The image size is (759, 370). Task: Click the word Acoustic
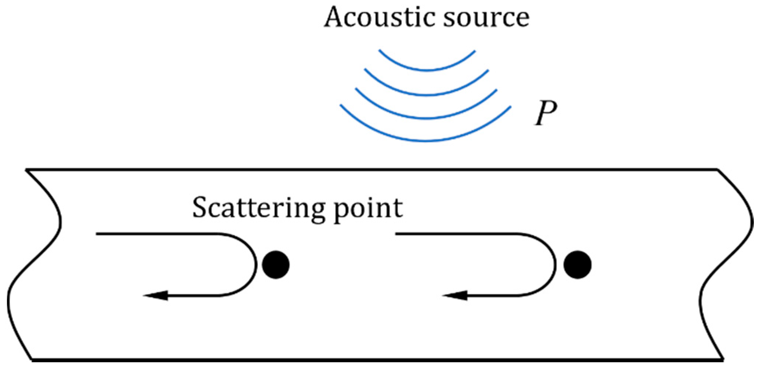[379, 17]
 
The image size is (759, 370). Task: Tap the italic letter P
[545, 113]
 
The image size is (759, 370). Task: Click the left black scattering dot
[276, 265]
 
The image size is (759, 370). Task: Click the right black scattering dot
[577, 265]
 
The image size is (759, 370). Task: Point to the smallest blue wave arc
[427, 69]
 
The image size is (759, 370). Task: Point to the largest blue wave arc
[426, 140]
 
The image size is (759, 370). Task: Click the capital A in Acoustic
[334, 17]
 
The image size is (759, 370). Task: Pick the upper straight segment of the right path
[458, 234]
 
